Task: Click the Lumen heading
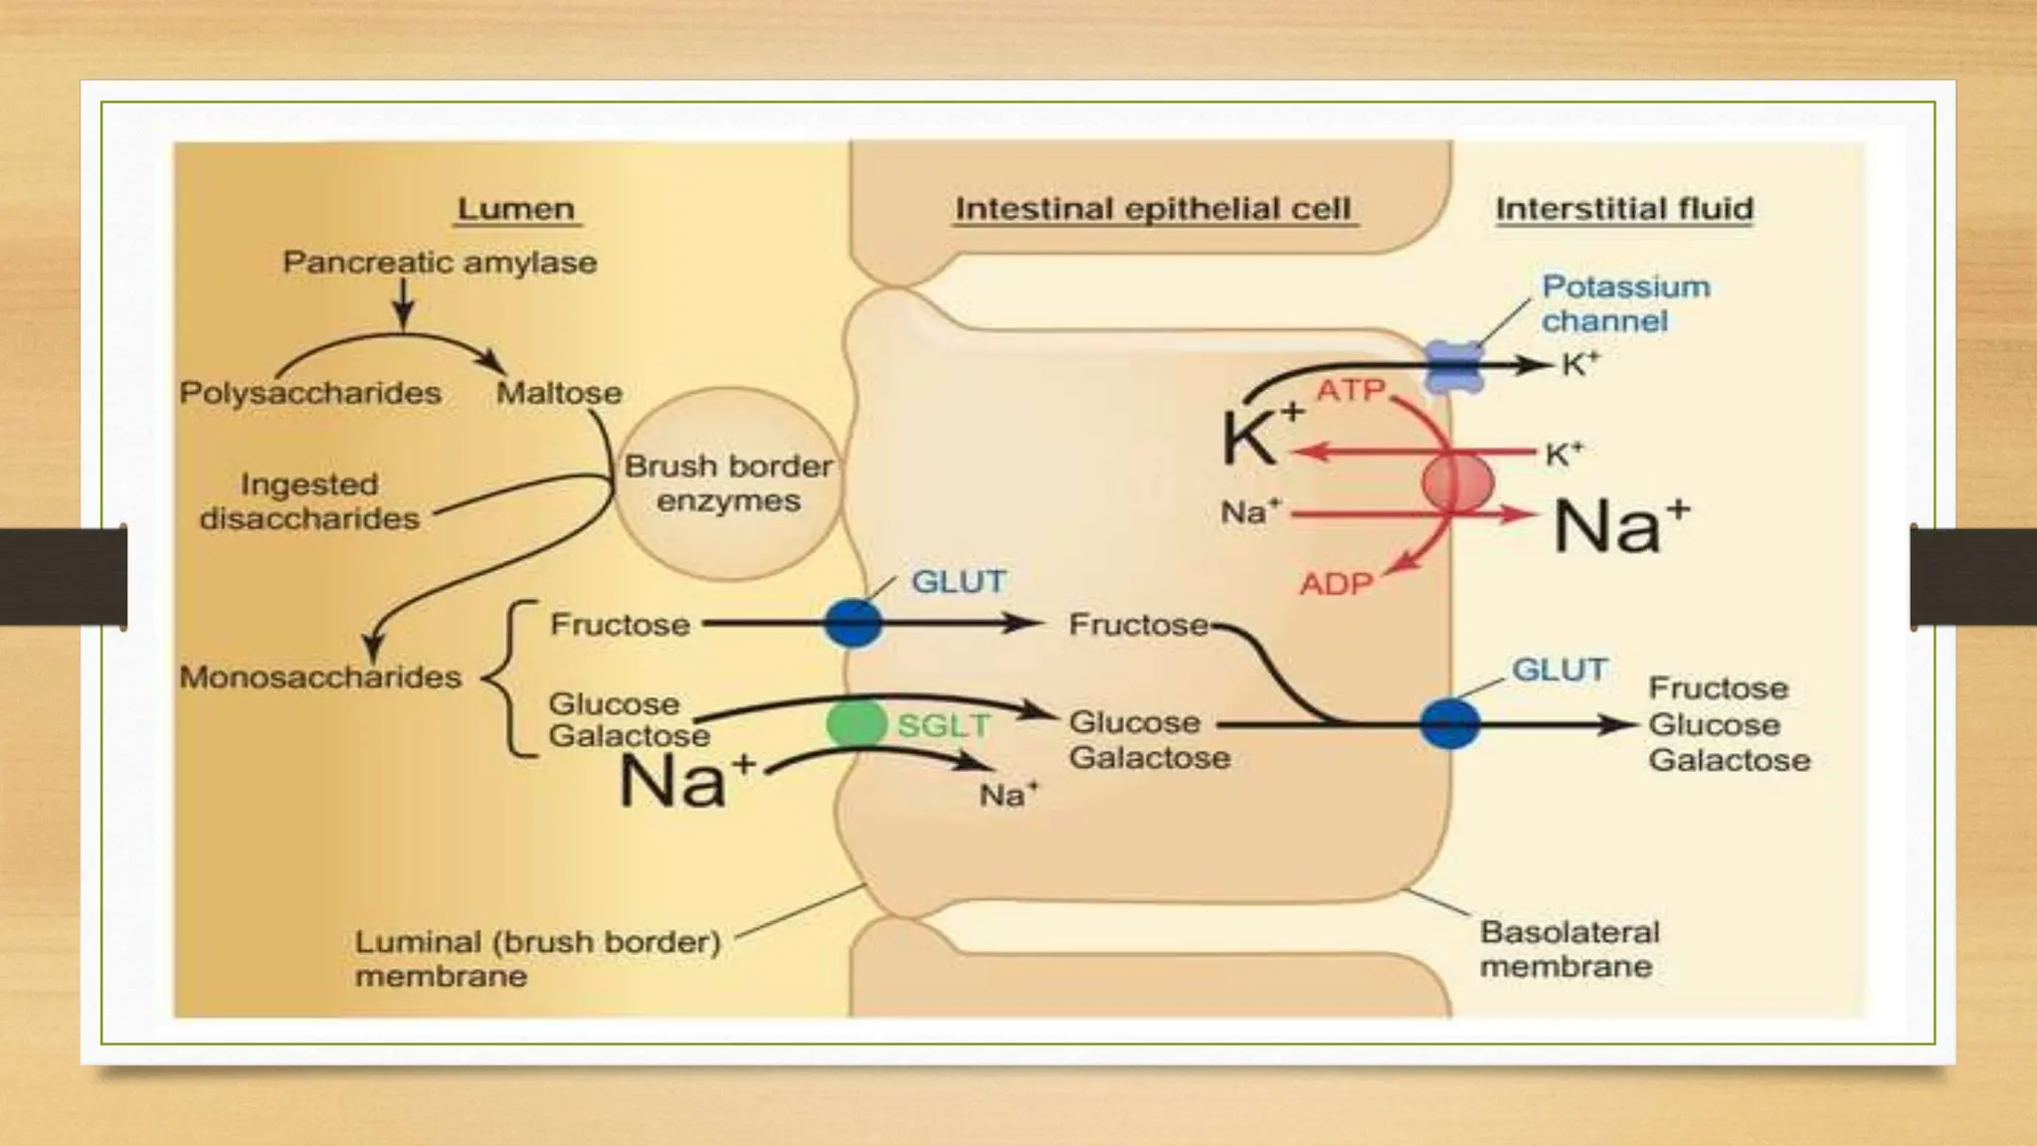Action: (x=515, y=210)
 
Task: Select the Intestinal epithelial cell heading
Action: (x=1153, y=210)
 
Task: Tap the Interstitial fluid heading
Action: (x=1624, y=210)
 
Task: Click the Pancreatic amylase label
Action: (x=440, y=263)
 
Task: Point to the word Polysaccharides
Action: (x=310, y=393)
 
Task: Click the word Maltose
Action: (x=559, y=393)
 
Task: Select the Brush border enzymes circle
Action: (x=728, y=483)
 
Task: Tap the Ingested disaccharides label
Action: (x=309, y=501)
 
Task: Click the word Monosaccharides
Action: (x=320, y=677)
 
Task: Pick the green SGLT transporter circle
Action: (x=855, y=723)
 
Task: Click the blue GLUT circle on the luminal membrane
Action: (x=853, y=625)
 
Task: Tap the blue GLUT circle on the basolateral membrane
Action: (x=1449, y=724)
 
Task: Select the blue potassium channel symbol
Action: (x=1454, y=366)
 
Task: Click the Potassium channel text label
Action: (x=1625, y=303)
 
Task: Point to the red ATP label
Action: (x=1351, y=390)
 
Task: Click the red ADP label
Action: (x=1336, y=584)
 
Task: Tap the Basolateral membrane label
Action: (x=1569, y=949)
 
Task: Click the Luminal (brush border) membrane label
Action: (x=537, y=958)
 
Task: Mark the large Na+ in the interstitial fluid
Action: (x=1621, y=525)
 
